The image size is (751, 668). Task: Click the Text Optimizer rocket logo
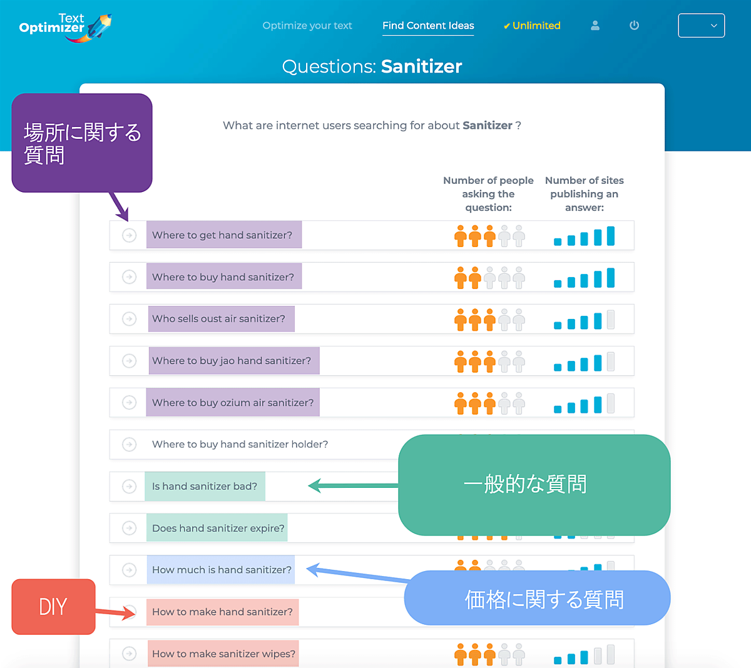tap(65, 28)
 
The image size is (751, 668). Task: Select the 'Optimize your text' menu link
tap(307, 26)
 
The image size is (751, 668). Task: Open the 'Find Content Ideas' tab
tap(428, 26)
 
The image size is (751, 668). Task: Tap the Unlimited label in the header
tap(532, 26)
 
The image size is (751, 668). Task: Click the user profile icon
tap(595, 26)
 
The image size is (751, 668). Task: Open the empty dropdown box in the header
tap(701, 26)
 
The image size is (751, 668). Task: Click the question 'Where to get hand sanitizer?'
tap(222, 235)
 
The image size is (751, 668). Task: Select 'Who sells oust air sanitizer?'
tap(218, 319)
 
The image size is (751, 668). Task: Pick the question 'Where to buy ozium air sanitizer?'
tap(233, 403)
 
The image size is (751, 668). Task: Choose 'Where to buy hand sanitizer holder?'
tap(240, 445)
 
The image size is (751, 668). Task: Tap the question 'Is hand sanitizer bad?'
tap(205, 487)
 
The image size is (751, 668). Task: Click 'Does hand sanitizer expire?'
tap(218, 529)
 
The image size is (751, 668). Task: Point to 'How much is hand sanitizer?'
tap(222, 570)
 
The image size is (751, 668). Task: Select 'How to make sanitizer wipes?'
tap(223, 654)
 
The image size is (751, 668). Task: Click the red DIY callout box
tap(53, 607)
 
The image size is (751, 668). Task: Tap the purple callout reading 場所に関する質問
tap(82, 143)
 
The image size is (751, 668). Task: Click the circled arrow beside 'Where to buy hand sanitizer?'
tap(130, 277)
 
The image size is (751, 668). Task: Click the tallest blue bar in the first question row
tap(611, 236)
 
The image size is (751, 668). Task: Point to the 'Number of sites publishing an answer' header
tap(584, 194)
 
